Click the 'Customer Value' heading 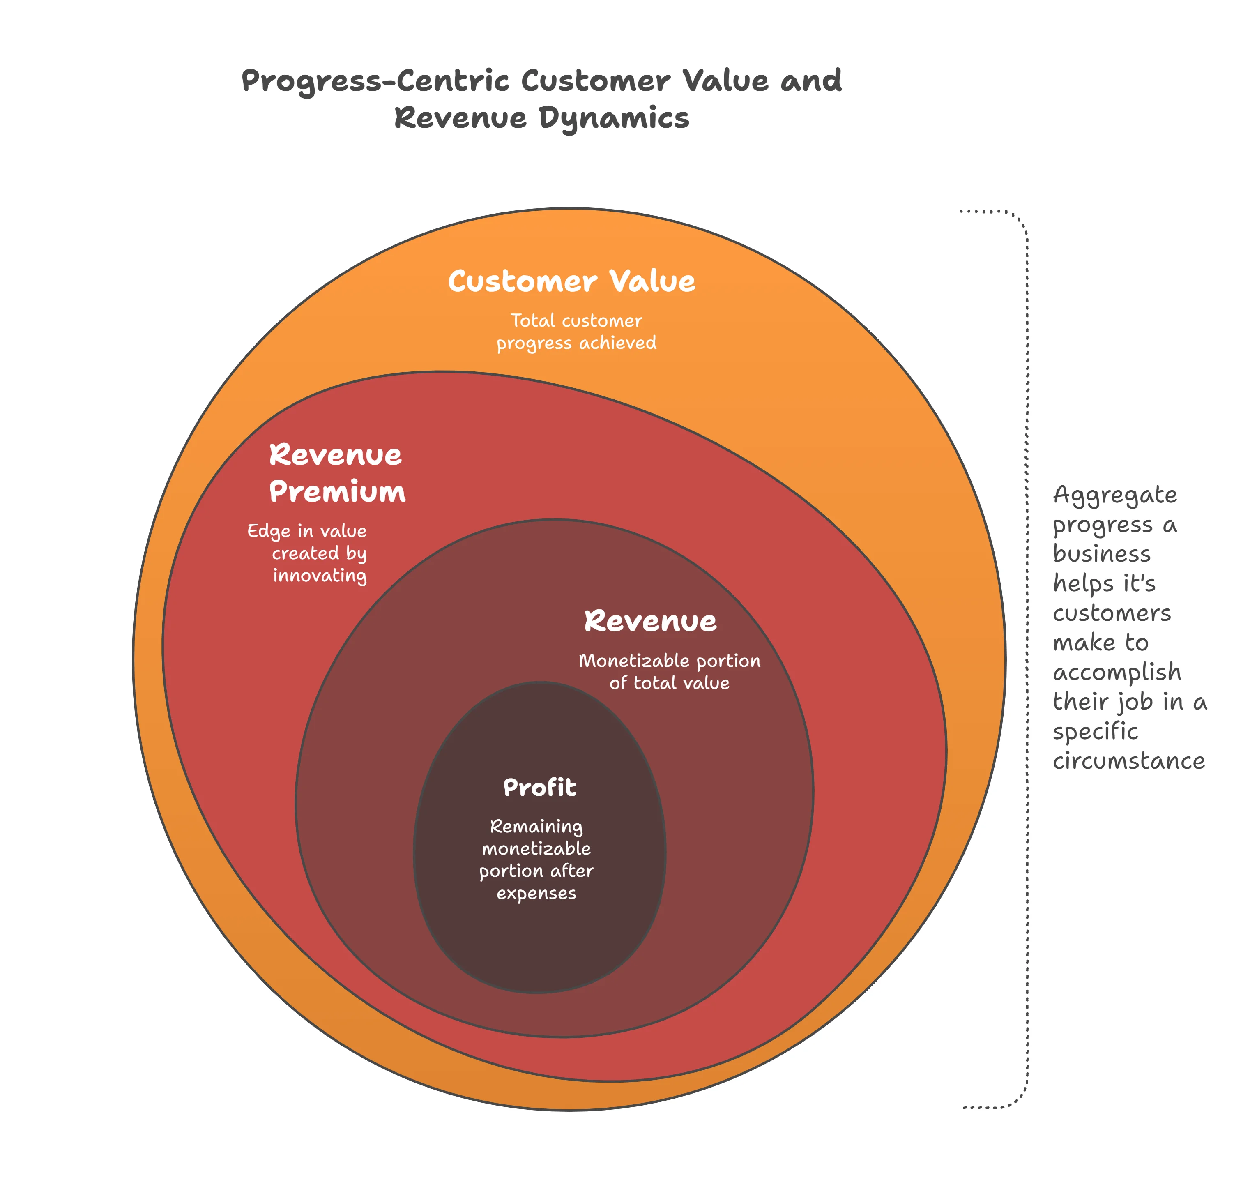click(x=571, y=281)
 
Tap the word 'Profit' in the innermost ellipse click(x=539, y=788)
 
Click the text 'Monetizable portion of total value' click(x=669, y=672)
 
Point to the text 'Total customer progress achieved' click(x=576, y=332)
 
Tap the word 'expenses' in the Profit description click(x=536, y=894)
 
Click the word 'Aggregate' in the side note click(x=1114, y=495)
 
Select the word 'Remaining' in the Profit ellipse click(x=536, y=827)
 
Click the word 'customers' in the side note click(x=1111, y=613)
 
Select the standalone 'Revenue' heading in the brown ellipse click(x=650, y=622)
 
